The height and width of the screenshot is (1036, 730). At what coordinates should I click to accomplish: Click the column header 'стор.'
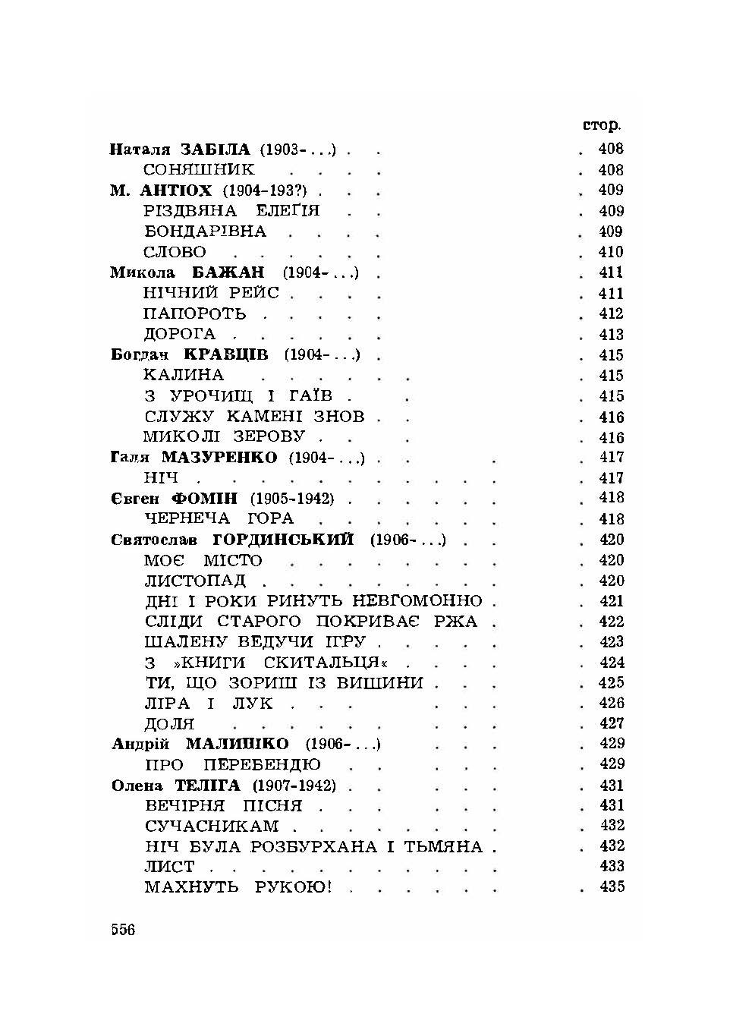click(601, 125)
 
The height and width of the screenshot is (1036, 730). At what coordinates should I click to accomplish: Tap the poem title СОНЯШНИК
click(199, 170)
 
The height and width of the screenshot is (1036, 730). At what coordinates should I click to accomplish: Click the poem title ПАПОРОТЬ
click(195, 313)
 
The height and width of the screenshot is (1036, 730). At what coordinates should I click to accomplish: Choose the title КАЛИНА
click(184, 375)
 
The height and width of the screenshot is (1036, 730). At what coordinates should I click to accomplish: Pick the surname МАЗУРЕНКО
click(219, 458)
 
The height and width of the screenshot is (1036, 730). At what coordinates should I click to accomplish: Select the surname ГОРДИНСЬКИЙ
click(284, 540)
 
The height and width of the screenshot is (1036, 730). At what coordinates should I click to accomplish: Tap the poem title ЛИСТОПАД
click(195, 581)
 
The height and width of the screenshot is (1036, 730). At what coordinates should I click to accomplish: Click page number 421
click(611, 601)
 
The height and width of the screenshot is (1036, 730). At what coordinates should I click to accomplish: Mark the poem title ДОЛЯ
click(169, 724)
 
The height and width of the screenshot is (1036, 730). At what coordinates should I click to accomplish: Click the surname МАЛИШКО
click(237, 744)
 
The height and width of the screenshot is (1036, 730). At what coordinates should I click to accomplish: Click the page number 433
click(612, 866)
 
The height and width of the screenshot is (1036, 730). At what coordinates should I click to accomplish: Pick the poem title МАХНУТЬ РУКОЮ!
click(238, 886)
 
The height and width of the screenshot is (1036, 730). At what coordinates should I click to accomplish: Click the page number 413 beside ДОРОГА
click(611, 335)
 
